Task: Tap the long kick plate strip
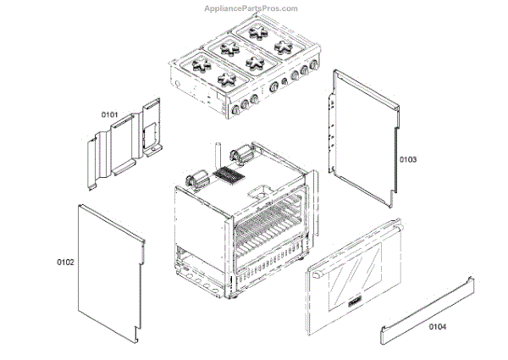click(427, 313)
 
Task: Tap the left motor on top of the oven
click(198, 180)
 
